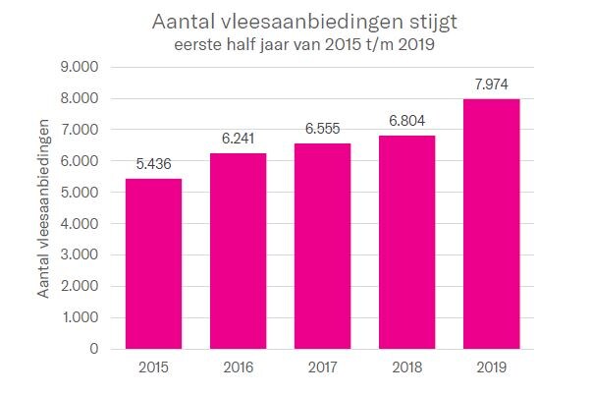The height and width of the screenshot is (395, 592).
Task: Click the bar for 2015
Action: pyautogui.click(x=153, y=263)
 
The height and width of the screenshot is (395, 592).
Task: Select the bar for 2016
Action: pyautogui.click(x=238, y=251)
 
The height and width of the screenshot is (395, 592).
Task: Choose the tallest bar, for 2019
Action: pyautogui.click(x=491, y=224)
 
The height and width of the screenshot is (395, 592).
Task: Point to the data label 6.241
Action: pyautogui.click(x=238, y=140)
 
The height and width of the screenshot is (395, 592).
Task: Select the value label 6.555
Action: pyautogui.click(x=322, y=130)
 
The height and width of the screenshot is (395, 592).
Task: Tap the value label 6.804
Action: pyautogui.click(x=406, y=122)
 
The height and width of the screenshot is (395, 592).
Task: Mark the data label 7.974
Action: pyautogui.click(x=491, y=85)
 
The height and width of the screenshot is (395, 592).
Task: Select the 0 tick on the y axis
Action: pyautogui.click(x=94, y=349)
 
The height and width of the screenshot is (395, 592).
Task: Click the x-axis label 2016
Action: pyautogui.click(x=238, y=367)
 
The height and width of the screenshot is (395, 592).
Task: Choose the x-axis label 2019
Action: pyautogui.click(x=491, y=367)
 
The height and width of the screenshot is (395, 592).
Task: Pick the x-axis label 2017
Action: pyautogui.click(x=322, y=367)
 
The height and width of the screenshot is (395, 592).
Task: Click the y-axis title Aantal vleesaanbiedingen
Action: pyautogui.click(x=44, y=208)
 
